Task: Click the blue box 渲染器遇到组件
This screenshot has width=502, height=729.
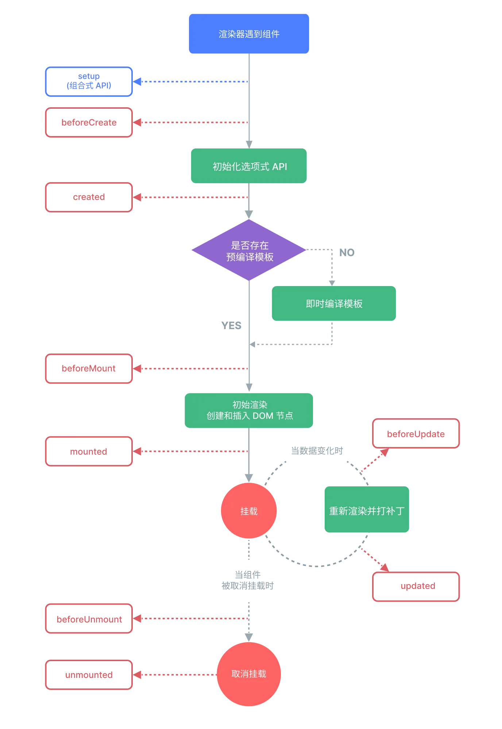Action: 249,34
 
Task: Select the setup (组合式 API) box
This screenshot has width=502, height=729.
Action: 89,81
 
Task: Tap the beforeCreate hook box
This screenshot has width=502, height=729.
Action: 89,122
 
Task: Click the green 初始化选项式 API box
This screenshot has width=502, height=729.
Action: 249,166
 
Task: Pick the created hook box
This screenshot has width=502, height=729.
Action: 89,197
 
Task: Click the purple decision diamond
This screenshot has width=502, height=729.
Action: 249,250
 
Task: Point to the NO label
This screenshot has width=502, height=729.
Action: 347,252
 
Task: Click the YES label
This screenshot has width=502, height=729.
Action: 231,325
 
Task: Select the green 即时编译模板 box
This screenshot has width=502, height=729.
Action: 334,303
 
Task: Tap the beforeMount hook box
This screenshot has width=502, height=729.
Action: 89,369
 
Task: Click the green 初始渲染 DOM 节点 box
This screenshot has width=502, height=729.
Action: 249,410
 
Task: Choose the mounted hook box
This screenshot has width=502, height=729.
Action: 89,451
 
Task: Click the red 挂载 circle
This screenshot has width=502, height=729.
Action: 249,510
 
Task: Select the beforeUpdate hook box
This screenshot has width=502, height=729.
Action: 416,433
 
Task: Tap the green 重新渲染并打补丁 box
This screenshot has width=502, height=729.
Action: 367,509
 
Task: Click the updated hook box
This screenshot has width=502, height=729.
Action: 416,586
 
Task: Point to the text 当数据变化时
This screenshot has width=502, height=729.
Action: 317,451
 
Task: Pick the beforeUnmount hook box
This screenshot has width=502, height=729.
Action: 89,618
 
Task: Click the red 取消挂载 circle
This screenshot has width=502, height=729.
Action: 249,674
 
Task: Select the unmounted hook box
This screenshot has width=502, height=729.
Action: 89,675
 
